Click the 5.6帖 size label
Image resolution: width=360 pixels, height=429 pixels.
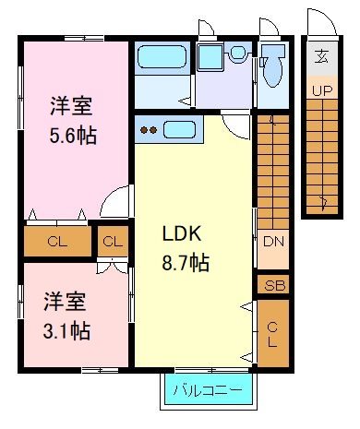pyautogui.click(x=73, y=134)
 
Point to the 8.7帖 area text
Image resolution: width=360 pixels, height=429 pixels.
pyautogui.click(x=186, y=262)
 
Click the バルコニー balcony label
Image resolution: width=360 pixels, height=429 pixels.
pyautogui.click(x=208, y=391)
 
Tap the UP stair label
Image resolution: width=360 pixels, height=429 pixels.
pyautogui.click(x=322, y=90)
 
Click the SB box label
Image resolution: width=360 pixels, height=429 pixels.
pyautogui.click(x=272, y=285)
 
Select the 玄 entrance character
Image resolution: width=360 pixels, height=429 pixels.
pyautogui.click(x=322, y=57)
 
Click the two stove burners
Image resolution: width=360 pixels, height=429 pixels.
pyautogui.click(x=148, y=129)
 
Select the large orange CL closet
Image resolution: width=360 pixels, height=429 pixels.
pyautogui.click(x=56, y=242)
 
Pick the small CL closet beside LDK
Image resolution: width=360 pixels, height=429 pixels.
pyautogui.click(x=113, y=242)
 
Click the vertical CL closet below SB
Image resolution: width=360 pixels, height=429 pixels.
pyautogui.click(x=272, y=332)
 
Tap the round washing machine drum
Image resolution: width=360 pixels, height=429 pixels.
pyautogui.click(x=237, y=54)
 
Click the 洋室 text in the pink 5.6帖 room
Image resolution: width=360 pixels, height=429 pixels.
pyautogui.click(x=73, y=104)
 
